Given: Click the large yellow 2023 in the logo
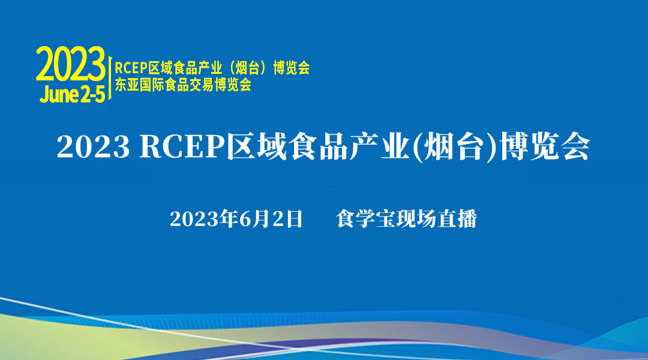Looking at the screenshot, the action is pyautogui.click(x=71, y=64).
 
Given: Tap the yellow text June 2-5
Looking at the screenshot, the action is pyautogui.click(x=73, y=94).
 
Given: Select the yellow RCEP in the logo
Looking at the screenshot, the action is pyautogui.click(x=131, y=68).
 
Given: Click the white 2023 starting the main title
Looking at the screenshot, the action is pyautogui.click(x=94, y=147).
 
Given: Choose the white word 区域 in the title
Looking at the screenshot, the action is pyautogui.click(x=256, y=147).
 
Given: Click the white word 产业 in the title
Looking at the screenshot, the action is pyautogui.click(x=380, y=147).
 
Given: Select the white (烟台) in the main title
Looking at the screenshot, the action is pyautogui.click(x=454, y=147).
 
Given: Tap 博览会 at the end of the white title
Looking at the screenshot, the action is pyautogui.click(x=544, y=147).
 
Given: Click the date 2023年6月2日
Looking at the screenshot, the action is pyautogui.click(x=236, y=218).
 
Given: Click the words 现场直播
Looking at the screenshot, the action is pyautogui.click(x=436, y=218).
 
